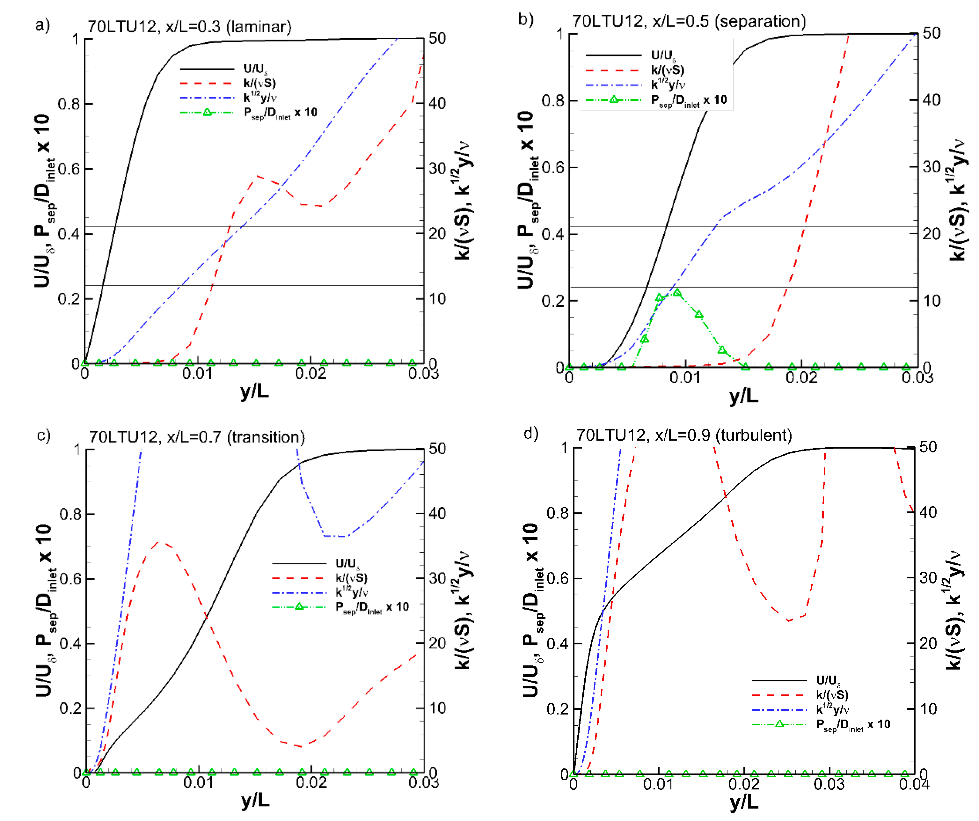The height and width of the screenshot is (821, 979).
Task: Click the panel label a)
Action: coord(42,25)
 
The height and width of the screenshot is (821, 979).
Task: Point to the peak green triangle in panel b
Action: coord(677,293)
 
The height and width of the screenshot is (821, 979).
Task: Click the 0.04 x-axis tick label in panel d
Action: coord(914,785)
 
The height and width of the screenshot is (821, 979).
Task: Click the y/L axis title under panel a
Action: coord(254,391)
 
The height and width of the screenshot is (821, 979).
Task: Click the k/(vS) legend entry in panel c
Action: coord(351,578)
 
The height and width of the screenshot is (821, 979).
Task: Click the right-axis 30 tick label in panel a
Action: coord(437,168)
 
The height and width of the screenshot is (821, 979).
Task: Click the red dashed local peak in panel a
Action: coord(257,176)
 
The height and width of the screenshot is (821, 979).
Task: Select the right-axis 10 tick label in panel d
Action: coord(928,709)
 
